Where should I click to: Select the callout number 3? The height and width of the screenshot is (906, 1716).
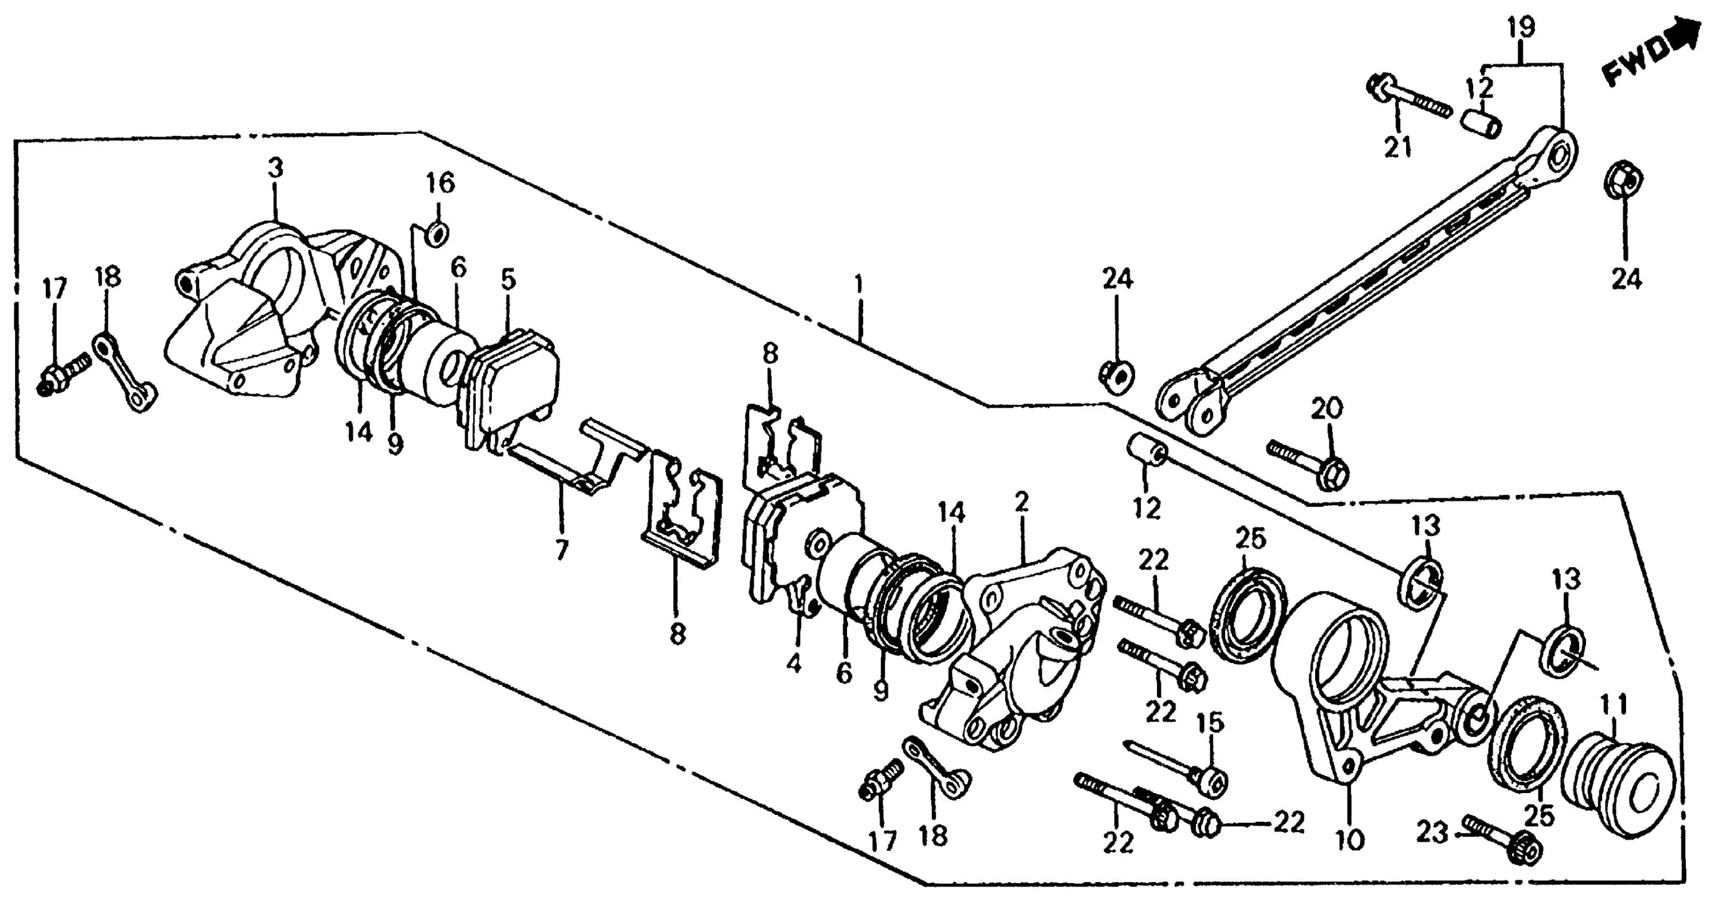276,168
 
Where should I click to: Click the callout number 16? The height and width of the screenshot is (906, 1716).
440,183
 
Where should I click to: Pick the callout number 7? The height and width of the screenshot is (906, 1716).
562,550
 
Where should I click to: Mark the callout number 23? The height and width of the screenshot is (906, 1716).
1432,832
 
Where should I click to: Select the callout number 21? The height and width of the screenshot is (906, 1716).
1398,147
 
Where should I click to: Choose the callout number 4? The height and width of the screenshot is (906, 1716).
793,664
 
